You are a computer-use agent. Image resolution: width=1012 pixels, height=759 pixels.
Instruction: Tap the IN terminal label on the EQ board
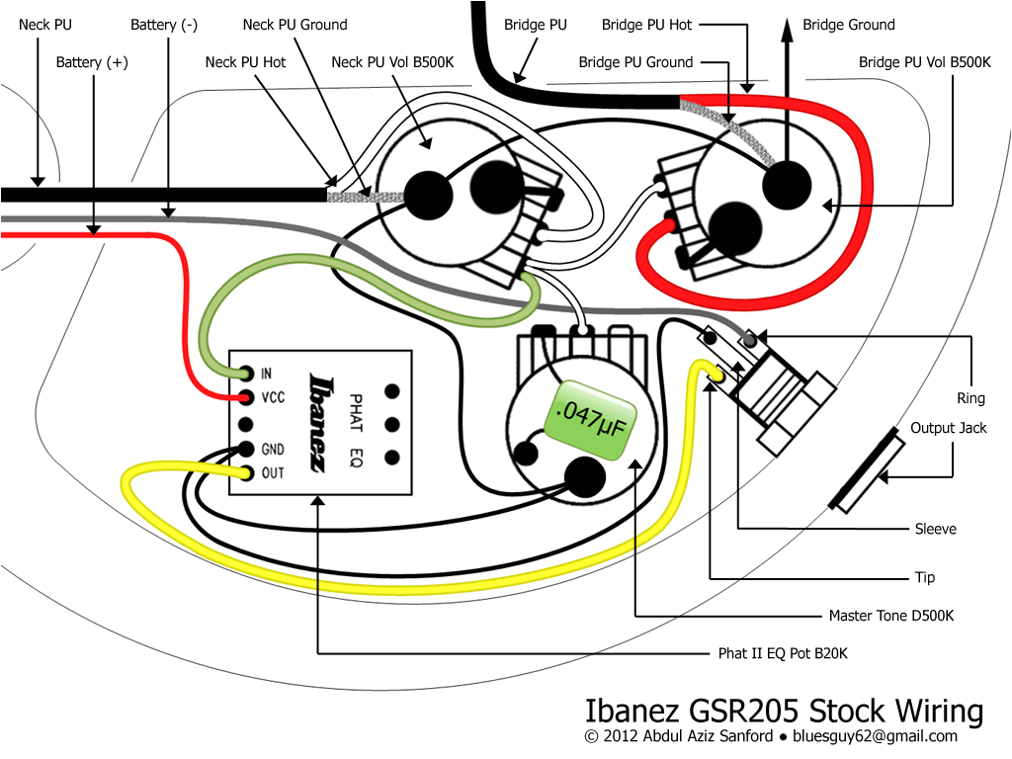[267, 374]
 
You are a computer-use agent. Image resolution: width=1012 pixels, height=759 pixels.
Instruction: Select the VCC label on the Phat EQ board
[273, 397]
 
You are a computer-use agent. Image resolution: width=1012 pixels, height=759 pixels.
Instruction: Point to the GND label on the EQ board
[273, 450]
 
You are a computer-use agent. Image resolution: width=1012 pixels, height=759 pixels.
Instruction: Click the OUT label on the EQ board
[273, 473]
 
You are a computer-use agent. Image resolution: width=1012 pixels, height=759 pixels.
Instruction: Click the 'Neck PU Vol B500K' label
[392, 62]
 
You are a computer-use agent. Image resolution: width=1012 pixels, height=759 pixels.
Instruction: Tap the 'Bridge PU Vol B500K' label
[924, 62]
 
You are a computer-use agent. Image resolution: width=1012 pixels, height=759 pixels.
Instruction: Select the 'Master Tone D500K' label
[891, 616]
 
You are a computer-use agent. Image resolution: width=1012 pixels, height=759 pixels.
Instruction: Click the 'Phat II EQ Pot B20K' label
[783, 654]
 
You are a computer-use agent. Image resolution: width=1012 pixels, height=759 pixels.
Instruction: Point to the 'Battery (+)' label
[92, 62]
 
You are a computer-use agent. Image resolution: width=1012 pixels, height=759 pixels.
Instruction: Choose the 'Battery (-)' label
[164, 25]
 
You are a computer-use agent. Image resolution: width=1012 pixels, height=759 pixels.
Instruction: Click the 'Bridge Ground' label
[849, 25]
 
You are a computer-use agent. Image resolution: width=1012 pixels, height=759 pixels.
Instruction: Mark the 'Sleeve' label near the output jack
[936, 530]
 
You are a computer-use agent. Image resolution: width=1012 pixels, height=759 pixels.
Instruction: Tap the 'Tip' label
[925, 577]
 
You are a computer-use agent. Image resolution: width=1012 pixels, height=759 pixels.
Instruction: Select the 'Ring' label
[970, 398]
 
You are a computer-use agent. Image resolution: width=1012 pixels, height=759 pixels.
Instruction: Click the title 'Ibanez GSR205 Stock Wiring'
[784, 712]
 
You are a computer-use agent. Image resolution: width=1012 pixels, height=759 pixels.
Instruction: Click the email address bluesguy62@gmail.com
[876, 736]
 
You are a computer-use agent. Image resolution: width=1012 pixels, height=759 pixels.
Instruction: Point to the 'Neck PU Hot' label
[245, 62]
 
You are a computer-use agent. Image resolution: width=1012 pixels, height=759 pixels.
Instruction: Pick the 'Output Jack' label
[948, 428]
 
